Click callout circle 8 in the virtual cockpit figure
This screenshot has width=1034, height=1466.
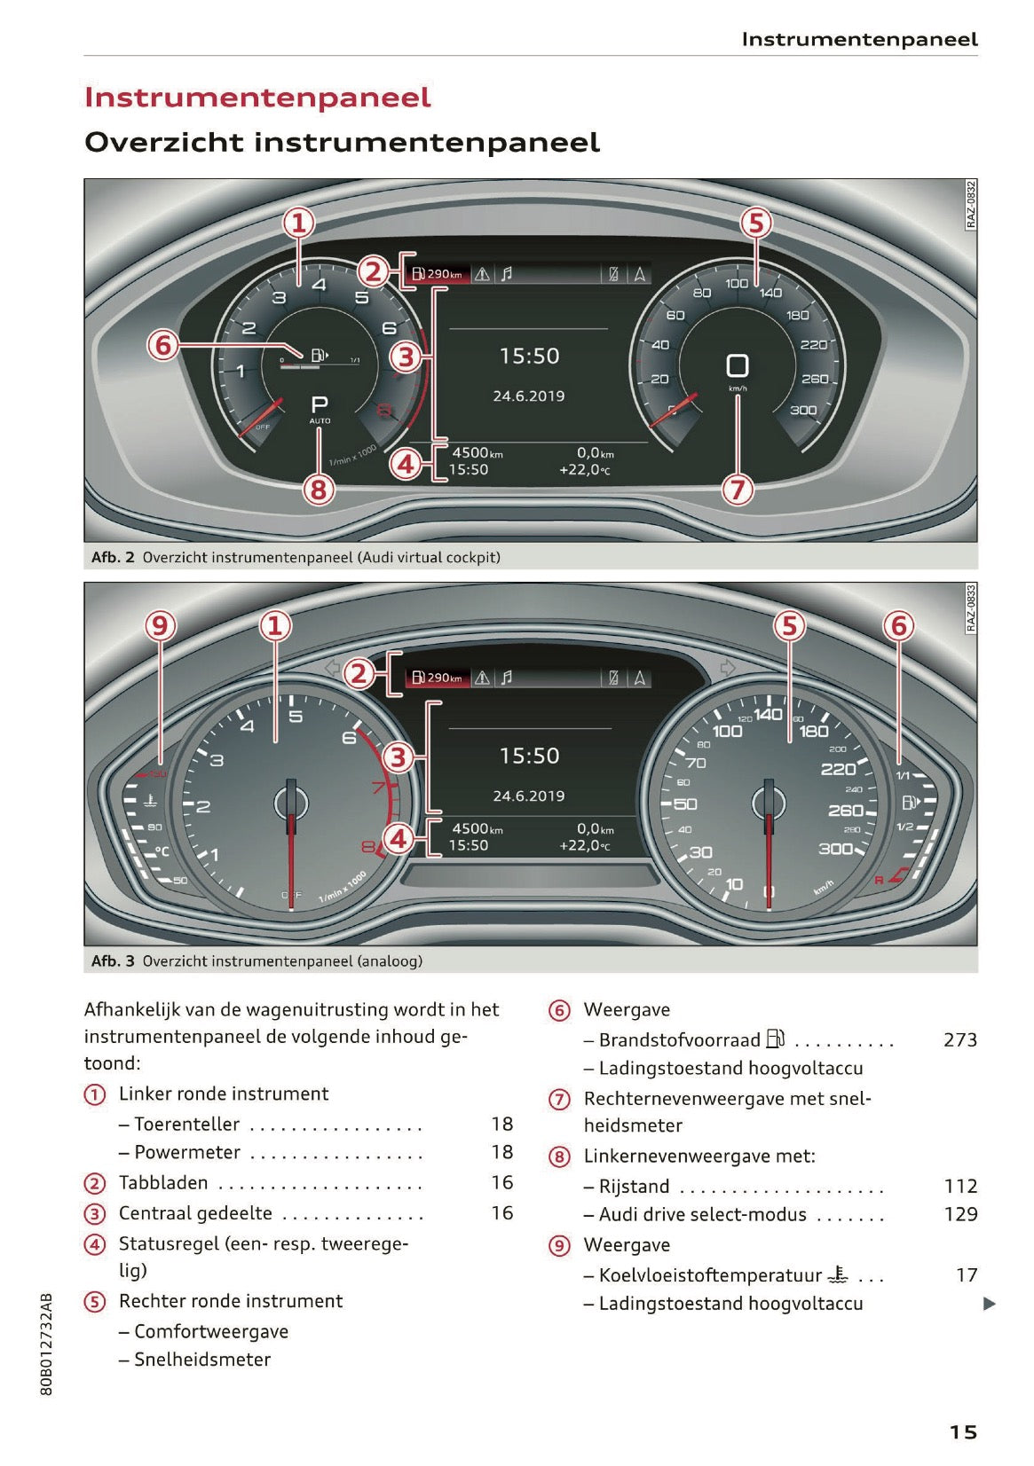[319, 489]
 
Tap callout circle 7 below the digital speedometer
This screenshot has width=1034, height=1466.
[738, 489]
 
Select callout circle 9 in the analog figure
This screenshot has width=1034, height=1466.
[160, 626]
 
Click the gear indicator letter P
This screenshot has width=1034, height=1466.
[320, 404]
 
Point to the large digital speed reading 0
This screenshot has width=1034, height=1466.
[737, 365]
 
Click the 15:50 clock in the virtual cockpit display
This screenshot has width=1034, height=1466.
[529, 357]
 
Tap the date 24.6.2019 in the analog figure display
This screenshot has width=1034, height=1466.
[529, 796]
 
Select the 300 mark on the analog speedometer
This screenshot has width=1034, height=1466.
[835, 849]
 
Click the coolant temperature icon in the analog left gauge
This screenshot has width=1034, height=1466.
[152, 800]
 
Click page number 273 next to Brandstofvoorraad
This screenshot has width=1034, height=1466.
[959, 1039]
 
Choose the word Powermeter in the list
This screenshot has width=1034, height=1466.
[187, 1152]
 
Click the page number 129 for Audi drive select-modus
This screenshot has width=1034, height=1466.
[960, 1214]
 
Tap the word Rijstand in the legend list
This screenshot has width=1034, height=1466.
[634, 1187]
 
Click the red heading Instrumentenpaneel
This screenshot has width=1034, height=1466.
[257, 97]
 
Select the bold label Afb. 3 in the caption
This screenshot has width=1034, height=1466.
[113, 960]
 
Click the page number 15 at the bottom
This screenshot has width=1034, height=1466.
[963, 1431]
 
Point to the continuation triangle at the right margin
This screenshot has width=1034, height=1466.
[990, 1304]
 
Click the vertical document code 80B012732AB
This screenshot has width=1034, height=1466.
[47, 1344]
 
